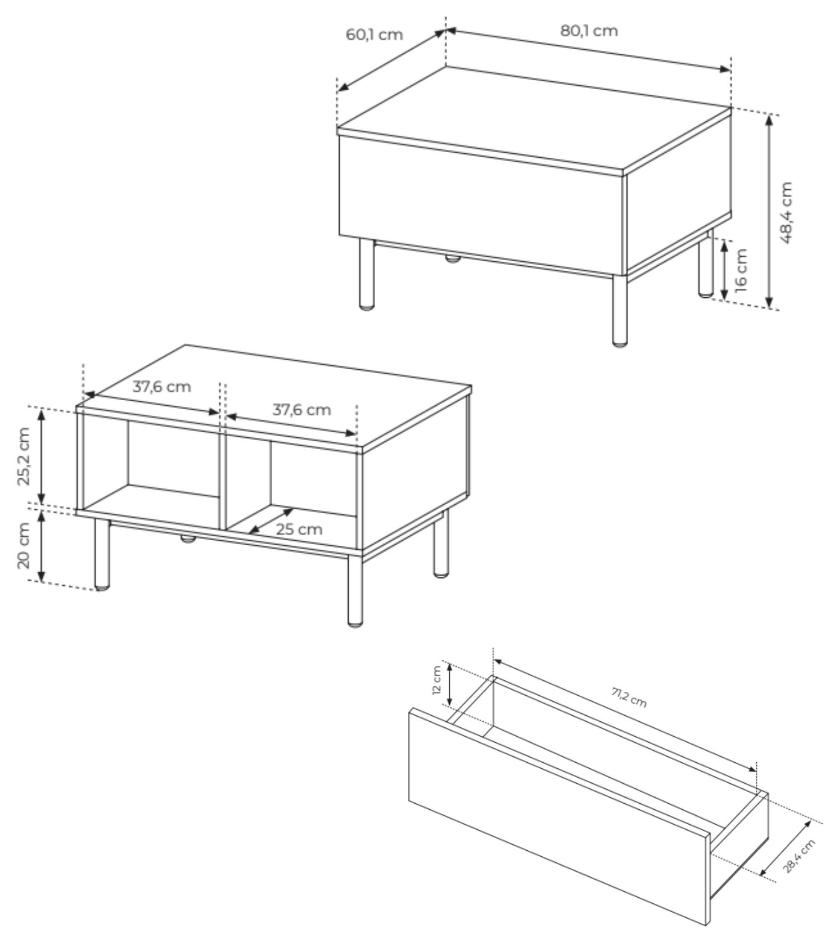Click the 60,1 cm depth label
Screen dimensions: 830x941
(374, 34)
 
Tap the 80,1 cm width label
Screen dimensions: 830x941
(589, 30)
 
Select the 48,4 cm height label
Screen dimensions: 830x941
(786, 213)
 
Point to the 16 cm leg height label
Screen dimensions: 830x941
(741, 269)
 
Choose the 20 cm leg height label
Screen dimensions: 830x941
(24, 545)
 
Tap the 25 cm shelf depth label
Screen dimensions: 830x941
(299, 529)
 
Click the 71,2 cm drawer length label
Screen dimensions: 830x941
(629, 699)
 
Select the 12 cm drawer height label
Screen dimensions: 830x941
(437, 681)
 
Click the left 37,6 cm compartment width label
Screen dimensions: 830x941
(161, 386)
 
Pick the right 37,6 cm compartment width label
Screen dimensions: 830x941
(302, 410)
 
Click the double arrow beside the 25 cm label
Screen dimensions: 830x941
(271, 521)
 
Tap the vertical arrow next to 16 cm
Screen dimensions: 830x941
(724, 270)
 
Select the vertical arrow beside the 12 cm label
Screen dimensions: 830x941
(451, 685)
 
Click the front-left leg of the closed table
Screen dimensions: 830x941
(366, 273)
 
